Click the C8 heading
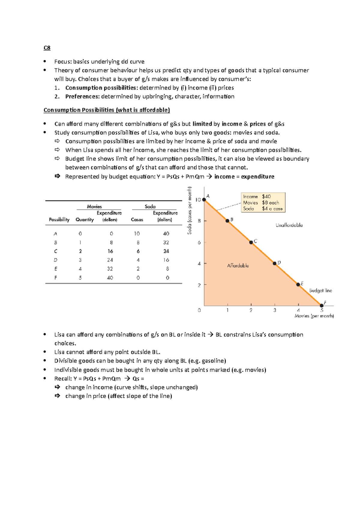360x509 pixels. [x=47, y=48]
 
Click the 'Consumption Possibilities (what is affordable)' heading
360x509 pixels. [x=106, y=110]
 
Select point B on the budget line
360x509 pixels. [x=227, y=221]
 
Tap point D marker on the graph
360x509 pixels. [x=274, y=263]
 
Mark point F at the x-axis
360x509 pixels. [x=322, y=305]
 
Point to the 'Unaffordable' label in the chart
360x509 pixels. [x=289, y=225]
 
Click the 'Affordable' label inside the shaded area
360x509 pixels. [x=238, y=266]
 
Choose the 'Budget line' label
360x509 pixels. [x=320, y=290]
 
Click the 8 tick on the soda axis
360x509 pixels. [x=199, y=221]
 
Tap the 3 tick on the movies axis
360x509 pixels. [x=274, y=310]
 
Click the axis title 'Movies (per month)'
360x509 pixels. [x=314, y=316]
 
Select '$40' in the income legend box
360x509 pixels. [x=266, y=197]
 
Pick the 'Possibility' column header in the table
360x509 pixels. [x=59, y=220]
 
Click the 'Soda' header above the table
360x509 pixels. [x=150, y=207]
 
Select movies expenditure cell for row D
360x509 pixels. [x=110, y=260]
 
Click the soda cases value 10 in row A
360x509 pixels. [x=137, y=234]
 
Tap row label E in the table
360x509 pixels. [x=56, y=269]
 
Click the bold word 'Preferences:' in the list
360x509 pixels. [x=82, y=97]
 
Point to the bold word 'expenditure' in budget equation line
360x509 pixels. [x=257, y=177]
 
